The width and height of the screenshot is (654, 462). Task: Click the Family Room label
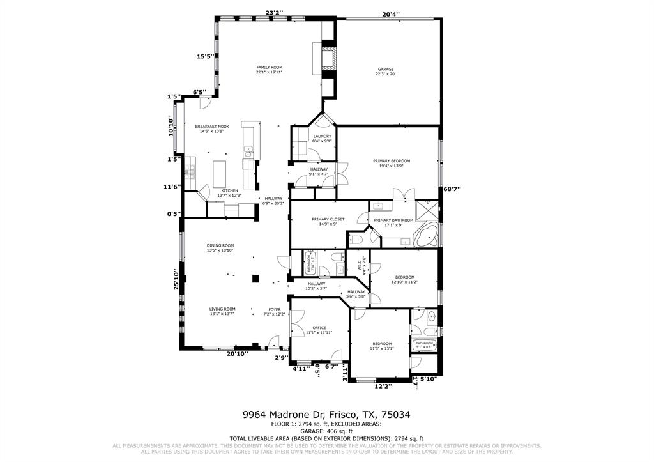point(269,67)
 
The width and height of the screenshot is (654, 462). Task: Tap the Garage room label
point(385,69)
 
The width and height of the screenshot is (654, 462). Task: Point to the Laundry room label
point(322,136)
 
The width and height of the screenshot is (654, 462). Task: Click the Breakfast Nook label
point(212,127)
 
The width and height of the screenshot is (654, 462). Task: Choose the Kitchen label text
point(229,190)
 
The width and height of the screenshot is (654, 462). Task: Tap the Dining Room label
point(220,245)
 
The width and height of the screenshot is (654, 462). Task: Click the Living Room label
point(222,309)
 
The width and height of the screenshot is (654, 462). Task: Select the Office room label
point(319,328)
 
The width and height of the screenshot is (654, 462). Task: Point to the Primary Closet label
point(328,219)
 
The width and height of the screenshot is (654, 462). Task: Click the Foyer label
point(274,309)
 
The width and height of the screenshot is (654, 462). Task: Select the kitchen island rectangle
point(220,172)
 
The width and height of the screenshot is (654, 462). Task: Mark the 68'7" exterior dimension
point(452,189)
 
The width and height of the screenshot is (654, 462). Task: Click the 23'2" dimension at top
point(275,12)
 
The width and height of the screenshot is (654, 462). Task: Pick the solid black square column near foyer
point(255,278)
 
